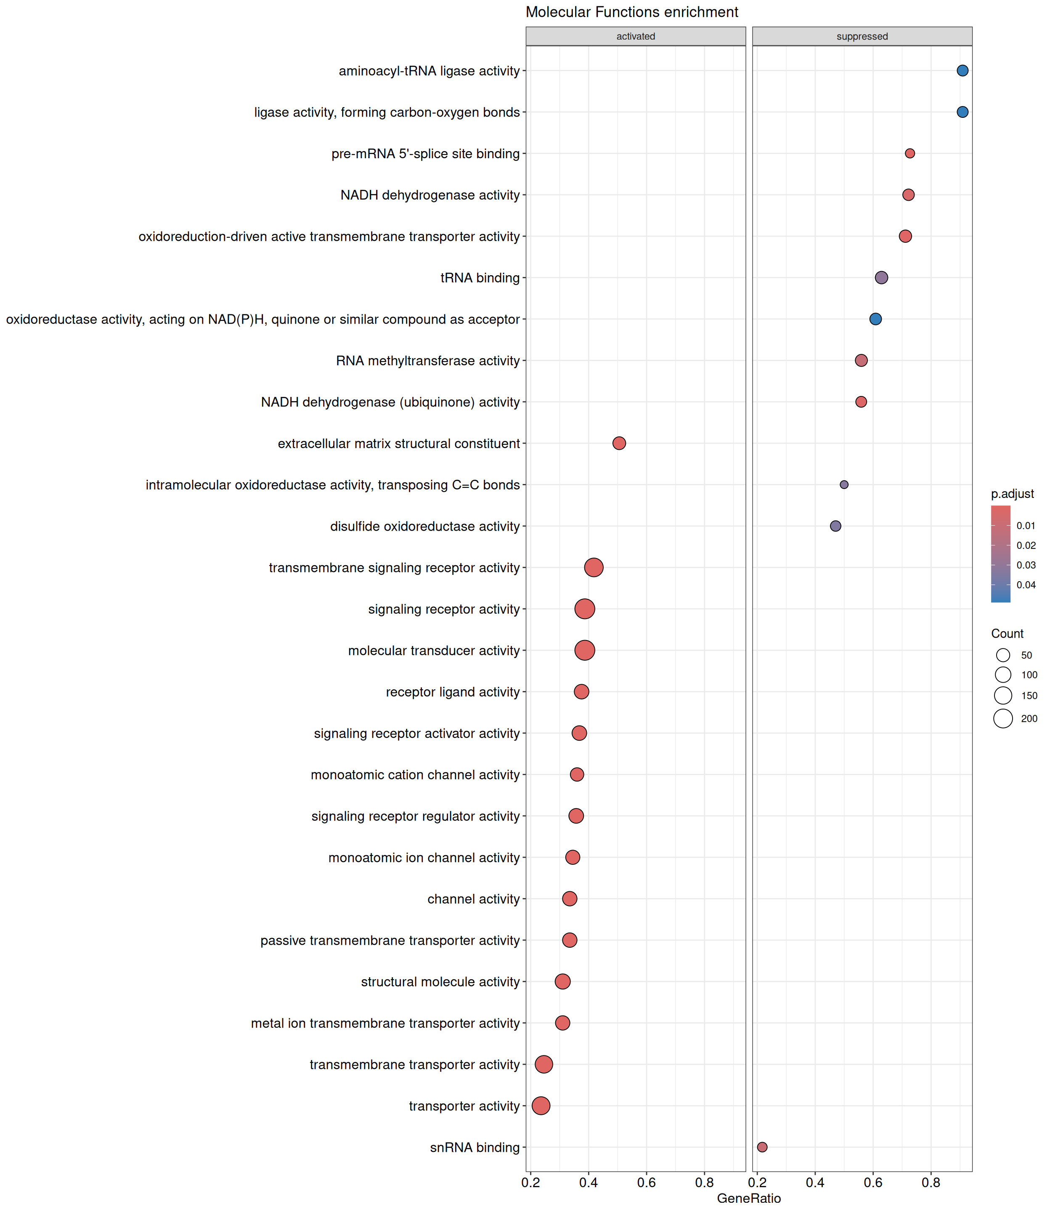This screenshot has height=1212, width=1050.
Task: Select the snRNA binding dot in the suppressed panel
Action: (762, 1147)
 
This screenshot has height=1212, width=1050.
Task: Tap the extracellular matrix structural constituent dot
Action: (619, 443)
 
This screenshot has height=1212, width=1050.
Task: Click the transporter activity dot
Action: (541, 1106)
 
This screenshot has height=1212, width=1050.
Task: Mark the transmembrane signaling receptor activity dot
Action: (594, 567)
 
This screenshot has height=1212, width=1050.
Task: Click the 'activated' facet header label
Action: (635, 36)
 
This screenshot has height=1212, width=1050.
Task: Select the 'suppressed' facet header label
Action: (862, 36)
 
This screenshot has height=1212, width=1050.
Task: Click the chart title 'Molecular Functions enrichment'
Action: (632, 12)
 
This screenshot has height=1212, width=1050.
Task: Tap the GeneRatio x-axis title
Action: (749, 1198)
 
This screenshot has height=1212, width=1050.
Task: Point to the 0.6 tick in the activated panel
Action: (646, 1182)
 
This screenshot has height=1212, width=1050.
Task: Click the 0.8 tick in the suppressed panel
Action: (931, 1182)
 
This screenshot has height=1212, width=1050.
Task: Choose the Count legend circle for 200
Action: (1003, 718)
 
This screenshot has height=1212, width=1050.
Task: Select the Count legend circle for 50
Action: (1003, 655)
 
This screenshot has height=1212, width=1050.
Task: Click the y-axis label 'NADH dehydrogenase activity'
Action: (430, 195)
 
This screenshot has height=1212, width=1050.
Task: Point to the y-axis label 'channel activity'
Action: (473, 899)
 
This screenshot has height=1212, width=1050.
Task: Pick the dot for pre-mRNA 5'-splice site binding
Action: (909, 154)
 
